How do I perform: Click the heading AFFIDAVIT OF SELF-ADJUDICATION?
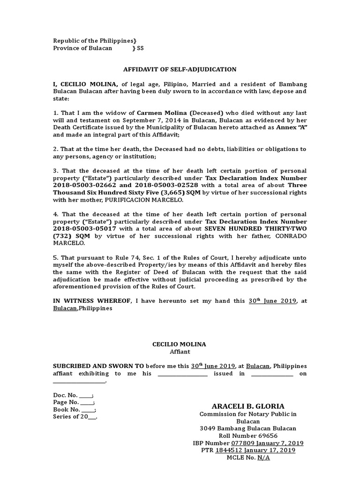[180, 69]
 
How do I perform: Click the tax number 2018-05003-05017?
[78, 229]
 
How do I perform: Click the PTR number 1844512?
[228, 450]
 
